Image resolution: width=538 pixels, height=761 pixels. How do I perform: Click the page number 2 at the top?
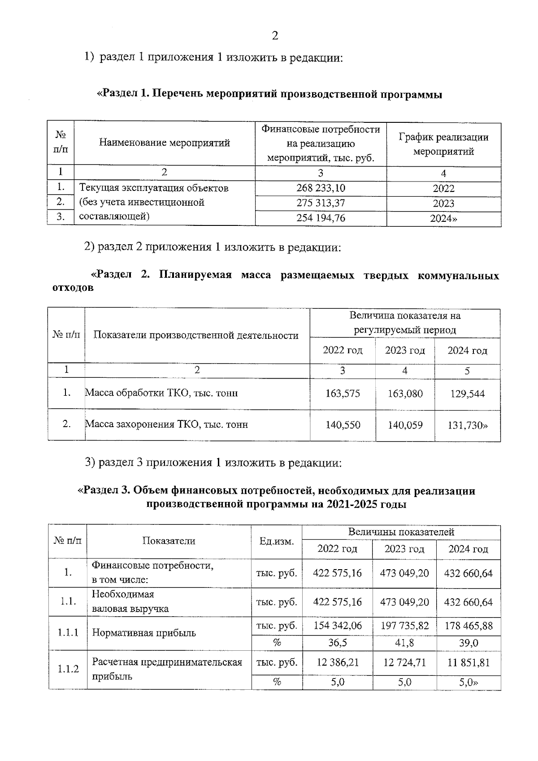(275, 35)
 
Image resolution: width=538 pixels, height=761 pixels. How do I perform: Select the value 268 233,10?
(321, 188)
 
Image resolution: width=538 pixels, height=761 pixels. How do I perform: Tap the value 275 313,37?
(321, 203)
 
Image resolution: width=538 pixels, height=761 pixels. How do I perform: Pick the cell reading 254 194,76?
(321, 218)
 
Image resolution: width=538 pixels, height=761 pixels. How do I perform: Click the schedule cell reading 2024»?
(443, 219)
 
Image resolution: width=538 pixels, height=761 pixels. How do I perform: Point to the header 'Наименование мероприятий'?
(164, 143)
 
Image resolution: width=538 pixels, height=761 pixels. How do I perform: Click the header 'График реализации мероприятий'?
(443, 144)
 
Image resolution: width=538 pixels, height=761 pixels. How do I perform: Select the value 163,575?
(343, 393)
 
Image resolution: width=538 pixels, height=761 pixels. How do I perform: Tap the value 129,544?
(467, 393)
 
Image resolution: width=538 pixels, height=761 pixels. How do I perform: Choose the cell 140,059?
(405, 425)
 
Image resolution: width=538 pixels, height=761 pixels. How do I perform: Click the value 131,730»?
(467, 425)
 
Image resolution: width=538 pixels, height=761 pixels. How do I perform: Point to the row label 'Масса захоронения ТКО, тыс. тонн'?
(166, 424)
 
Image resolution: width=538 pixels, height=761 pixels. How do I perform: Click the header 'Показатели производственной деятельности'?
(196, 336)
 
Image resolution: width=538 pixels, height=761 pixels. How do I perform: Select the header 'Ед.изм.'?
(277, 541)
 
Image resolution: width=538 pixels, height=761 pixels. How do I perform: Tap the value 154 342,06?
(337, 626)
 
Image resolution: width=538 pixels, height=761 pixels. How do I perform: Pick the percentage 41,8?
(404, 643)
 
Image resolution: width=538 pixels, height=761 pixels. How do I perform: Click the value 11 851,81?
(468, 662)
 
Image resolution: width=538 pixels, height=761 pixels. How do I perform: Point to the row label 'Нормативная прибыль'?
(144, 633)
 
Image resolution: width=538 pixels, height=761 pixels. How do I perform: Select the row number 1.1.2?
(68, 669)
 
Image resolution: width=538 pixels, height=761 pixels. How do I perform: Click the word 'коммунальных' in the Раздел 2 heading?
(458, 275)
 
